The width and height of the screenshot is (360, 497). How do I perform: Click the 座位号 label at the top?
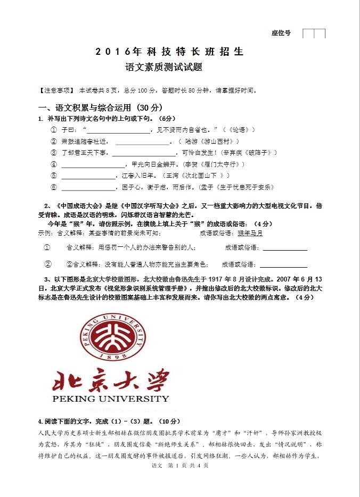pos(281,33)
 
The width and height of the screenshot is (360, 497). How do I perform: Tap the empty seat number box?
pos(314,34)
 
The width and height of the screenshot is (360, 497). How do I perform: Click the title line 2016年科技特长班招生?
pos(169,52)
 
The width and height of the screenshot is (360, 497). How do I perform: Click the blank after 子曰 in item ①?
pos(119,130)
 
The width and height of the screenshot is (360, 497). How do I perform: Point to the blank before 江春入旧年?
pos(88,176)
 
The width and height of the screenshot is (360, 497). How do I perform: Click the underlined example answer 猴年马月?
pos(250,233)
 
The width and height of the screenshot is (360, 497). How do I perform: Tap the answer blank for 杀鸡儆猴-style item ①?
pos(285,248)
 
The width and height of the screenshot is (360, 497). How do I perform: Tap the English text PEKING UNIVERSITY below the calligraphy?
pos(111,399)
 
